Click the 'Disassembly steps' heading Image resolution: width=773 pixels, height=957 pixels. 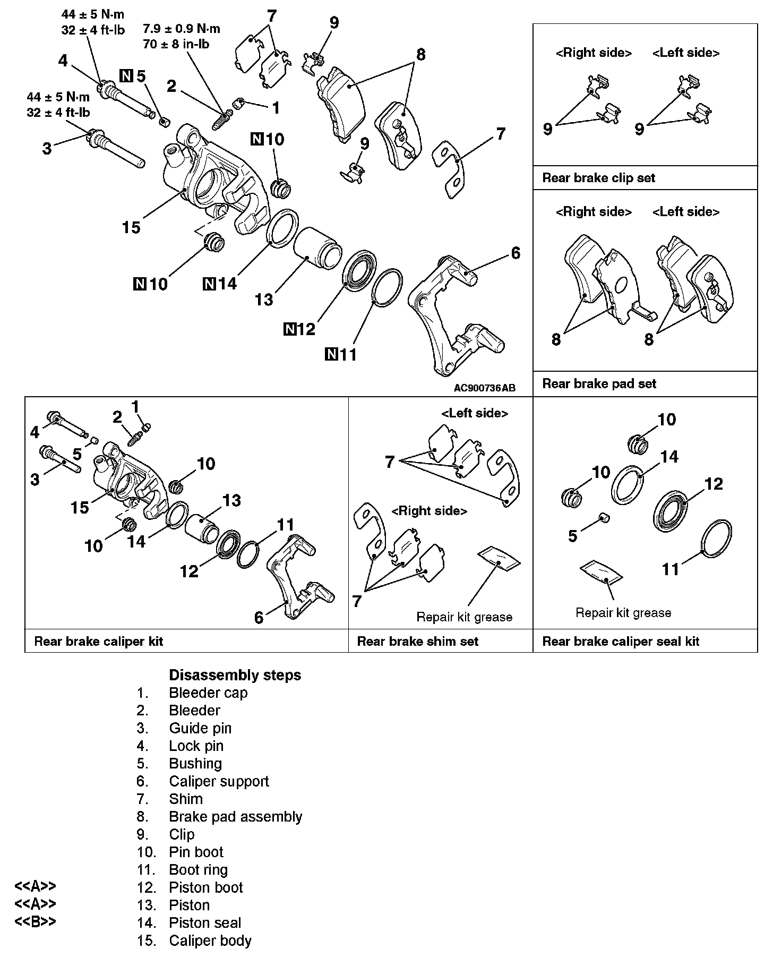(x=235, y=675)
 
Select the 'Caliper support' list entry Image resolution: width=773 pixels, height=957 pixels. (x=219, y=781)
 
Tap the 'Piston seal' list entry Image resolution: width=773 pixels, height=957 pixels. (x=205, y=922)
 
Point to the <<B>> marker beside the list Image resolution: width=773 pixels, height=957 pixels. (x=35, y=921)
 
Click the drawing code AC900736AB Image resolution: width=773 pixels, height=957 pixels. (x=484, y=388)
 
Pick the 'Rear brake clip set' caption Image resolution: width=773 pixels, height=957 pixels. (x=598, y=178)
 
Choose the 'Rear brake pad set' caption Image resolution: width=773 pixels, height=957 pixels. (x=599, y=383)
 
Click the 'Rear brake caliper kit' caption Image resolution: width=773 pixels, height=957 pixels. (x=98, y=641)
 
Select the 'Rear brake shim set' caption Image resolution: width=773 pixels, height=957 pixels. (x=417, y=641)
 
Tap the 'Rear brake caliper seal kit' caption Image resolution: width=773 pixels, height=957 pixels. (x=620, y=641)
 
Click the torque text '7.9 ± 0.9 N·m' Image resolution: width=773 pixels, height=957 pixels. (x=181, y=29)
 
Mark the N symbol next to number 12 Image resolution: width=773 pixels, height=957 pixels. (x=290, y=329)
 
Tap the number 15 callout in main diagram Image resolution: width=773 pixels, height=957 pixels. (x=131, y=227)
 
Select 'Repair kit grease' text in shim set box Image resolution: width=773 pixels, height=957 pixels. (x=464, y=617)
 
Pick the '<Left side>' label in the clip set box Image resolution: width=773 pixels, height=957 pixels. (x=685, y=53)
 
